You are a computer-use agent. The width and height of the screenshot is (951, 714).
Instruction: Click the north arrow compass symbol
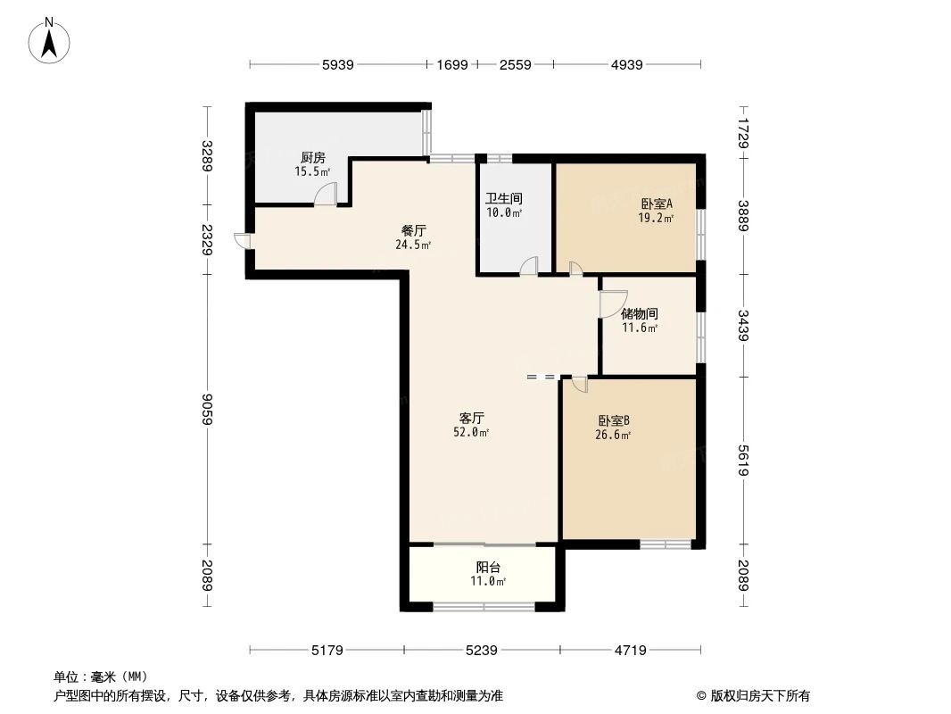point(50,40)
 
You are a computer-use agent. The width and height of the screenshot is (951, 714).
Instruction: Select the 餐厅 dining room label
point(413,229)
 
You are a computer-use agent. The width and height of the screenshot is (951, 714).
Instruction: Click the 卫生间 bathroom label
point(503,198)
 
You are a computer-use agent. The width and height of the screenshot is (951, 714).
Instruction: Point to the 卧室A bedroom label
point(656,203)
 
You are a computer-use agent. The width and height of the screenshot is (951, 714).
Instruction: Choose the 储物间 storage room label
point(640,314)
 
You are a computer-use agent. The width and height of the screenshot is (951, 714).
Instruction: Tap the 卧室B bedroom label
point(613,420)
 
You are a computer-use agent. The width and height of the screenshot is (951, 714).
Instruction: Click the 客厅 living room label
point(472,418)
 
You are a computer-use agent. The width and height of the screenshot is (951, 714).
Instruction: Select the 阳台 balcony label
point(488,567)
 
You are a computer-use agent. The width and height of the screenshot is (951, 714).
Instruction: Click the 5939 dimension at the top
point(338,64)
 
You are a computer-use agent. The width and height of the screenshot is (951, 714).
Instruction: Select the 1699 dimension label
point(451,64)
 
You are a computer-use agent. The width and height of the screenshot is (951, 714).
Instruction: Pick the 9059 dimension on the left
point(207,409)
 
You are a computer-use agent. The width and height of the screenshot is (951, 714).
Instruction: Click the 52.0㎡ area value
point(472,433)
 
